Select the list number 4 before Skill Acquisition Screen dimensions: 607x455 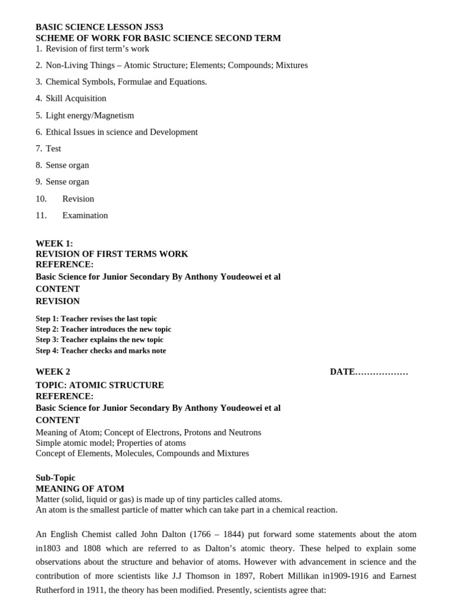(x=39, y=98)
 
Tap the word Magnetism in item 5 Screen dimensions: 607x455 (x=114, y=116)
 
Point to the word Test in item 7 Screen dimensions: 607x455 (x=53, y=149)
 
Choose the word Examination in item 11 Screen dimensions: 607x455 (x=85, y=216)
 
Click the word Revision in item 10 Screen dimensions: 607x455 (x=78, y=199)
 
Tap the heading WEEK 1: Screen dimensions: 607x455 (x=55, y=244)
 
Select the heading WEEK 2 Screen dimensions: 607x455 (x=53, y=372)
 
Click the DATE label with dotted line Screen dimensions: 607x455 (x=369, y=372)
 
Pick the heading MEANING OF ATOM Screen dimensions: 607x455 (x=80, y=489)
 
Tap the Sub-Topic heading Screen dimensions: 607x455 (x=56, y=478)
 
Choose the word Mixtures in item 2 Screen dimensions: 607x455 (x=291, y=65)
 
